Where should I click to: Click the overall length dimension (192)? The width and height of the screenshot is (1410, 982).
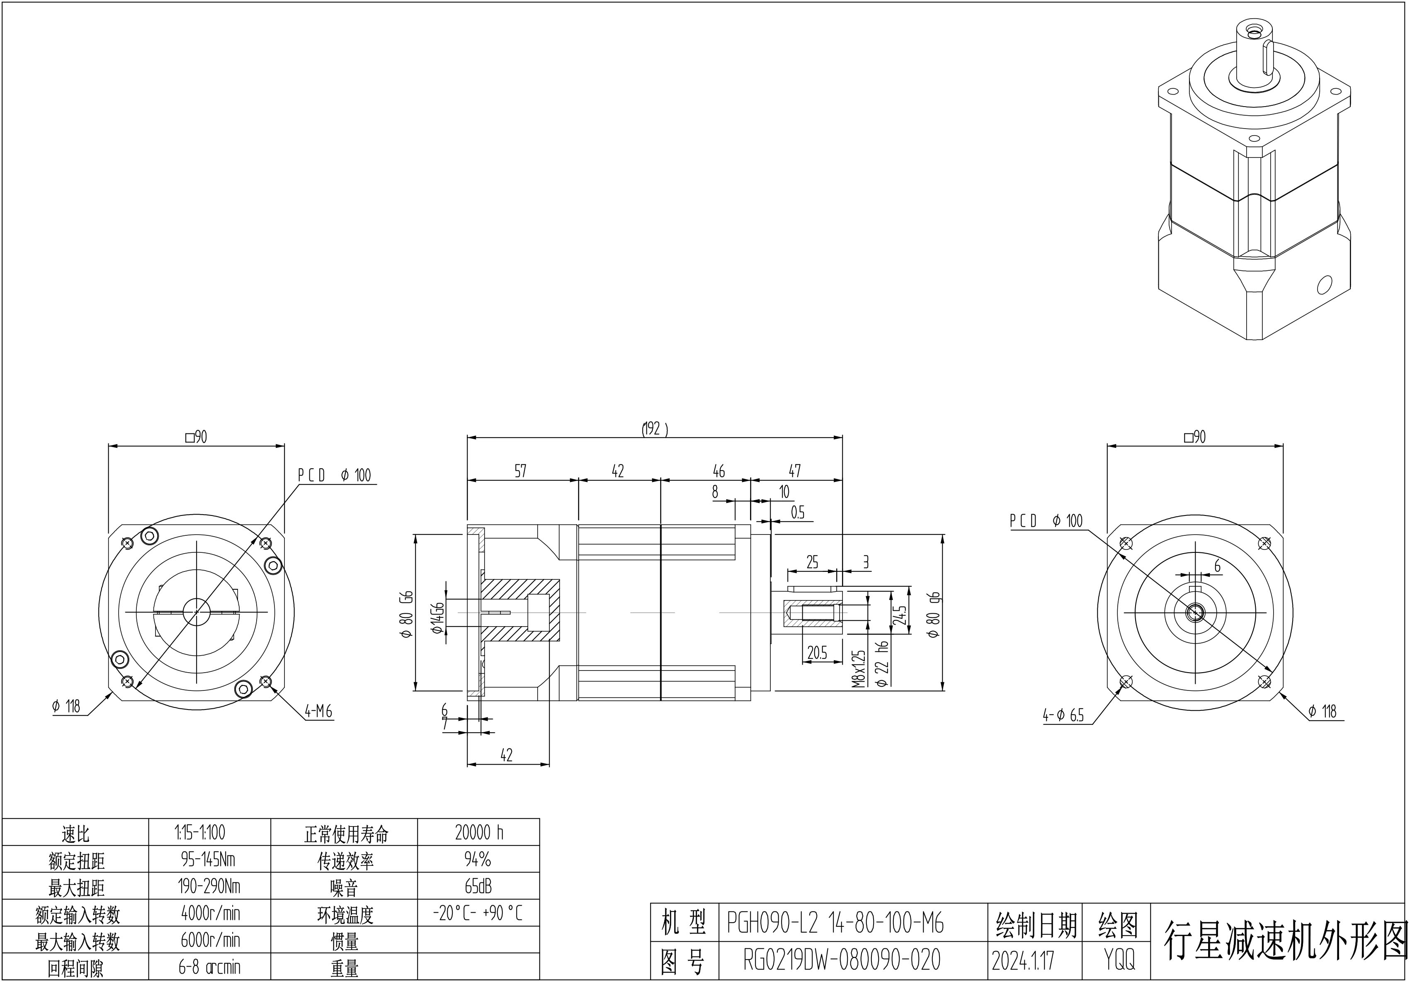(x=655, y=429)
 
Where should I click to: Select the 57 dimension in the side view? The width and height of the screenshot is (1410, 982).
(x=520, y=471)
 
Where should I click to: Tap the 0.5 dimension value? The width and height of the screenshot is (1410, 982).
(x=797, y=512)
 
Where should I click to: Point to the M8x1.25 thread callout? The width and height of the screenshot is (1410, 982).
(x=859, y=668)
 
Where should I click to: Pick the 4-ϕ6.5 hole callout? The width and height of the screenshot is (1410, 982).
(x=1063, y=715)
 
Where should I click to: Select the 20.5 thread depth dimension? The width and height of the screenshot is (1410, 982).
(x=817, y=653)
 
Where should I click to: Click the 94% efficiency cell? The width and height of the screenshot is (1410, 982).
(x=478, y=860)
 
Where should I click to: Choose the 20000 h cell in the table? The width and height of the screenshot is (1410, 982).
(x=479, y=833)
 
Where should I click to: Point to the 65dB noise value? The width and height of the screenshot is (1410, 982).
(x=478, y=886)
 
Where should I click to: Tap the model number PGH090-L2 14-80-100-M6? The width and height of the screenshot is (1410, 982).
(x=835, y=923)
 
